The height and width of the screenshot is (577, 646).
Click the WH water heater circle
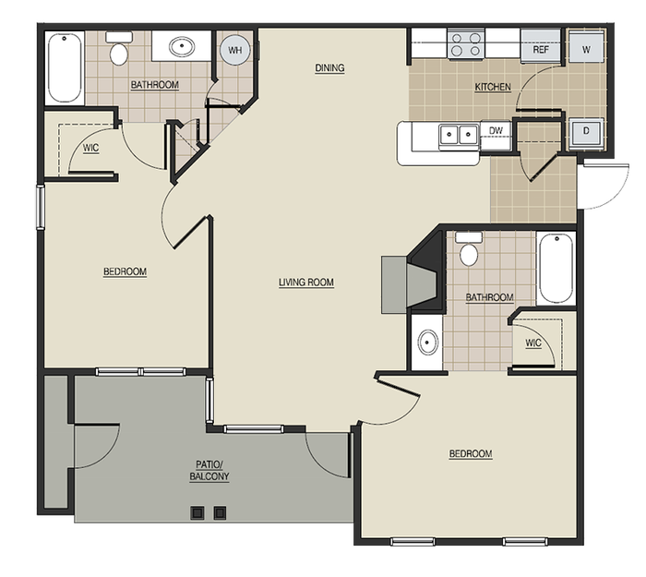[x=235, y=51]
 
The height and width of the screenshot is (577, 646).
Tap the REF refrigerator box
[x=541, y=49]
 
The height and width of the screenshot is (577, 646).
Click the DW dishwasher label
[x=496, y=131]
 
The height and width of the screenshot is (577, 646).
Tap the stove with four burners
[x=466, y=43]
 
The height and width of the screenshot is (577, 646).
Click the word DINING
[x=329, y=67]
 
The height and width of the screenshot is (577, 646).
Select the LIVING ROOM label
[x=306, y=282]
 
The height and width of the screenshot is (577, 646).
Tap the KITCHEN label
[x=493, y=88]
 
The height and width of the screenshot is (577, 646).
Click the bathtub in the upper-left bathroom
[x=64, y=67]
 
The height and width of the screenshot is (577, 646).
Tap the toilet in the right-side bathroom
[x=469, y=251]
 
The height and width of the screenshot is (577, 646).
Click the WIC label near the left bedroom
[x=90, y=147]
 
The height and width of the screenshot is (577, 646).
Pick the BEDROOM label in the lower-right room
[x=471, y=454]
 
